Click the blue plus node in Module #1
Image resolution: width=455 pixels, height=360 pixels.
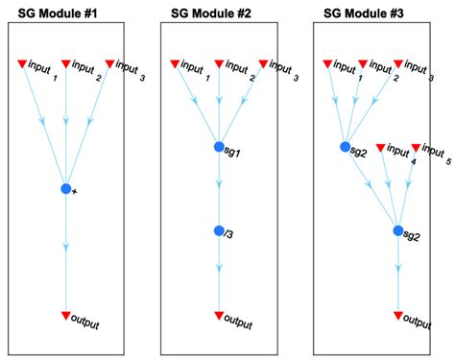point(65,189)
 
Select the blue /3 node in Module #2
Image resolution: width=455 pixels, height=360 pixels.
point(219,231)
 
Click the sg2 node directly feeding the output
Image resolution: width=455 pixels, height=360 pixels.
point(398,230)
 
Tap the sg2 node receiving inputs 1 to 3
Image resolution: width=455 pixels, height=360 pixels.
point(346,147)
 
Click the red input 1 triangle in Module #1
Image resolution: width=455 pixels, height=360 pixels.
point(21,64)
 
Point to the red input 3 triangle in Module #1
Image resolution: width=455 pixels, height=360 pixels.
point(109,64)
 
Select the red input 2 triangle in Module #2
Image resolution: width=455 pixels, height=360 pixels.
point(219,64)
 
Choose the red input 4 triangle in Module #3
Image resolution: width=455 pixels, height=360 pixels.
point(380,148)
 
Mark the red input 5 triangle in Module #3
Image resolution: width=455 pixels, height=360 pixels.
point(416,148)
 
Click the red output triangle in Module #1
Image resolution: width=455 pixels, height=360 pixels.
point(65,315)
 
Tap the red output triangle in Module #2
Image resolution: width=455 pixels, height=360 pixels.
point(219,315)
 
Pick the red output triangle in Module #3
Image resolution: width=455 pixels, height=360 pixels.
point(398,315)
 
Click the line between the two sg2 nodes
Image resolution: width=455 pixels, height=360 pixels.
point(372,189)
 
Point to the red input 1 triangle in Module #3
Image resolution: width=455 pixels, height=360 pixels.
point(327,64)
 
